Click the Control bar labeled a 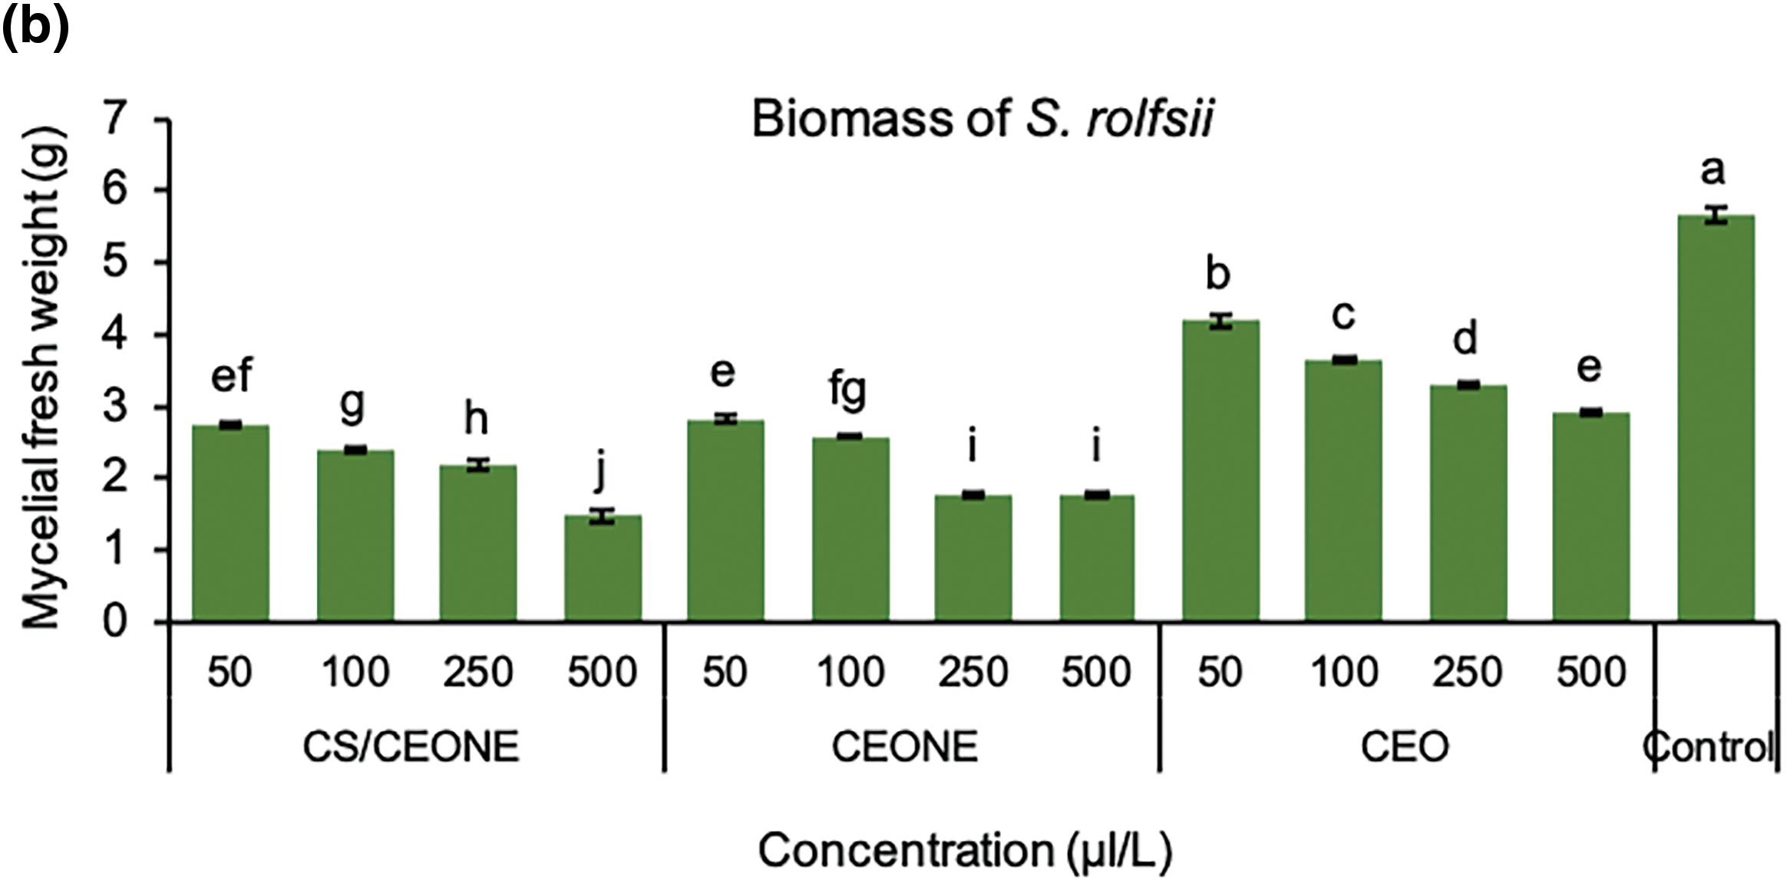[x=1715, y=418]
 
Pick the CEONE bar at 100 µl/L [x=850, y=529]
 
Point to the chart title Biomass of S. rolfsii [x=981, y=120]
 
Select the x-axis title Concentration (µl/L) [x=964, y=851]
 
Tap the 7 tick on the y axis [x=114, y=119]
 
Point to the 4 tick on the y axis [x=114, y=335]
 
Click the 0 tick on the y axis [x=114, y=621]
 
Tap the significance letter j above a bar [x=601, y=470]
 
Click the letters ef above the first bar [x=231, y=375]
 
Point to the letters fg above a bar [x=847, y=390]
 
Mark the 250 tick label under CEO [x=1467, y=673]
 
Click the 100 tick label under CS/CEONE [x=355, y=673]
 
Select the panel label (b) [x=35, y=28]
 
